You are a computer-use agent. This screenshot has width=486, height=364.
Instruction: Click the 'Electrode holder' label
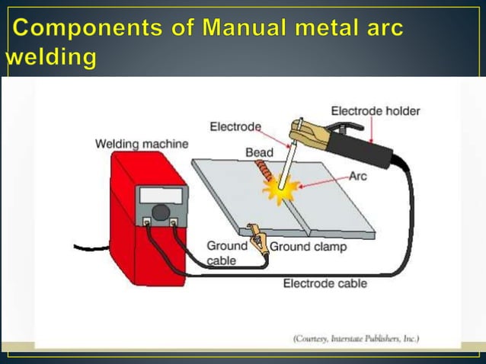click(375, 111)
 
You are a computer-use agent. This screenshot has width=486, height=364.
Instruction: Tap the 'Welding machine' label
click(142, 143)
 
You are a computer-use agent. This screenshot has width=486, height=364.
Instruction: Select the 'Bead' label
click(259, 153)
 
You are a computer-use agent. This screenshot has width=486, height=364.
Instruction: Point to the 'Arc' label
click(358, 176)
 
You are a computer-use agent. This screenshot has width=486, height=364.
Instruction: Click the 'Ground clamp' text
click(308, 247)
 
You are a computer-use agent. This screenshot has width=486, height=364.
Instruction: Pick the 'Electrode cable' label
click(325, 283)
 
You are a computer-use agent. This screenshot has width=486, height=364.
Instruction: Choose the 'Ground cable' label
click(226, 253)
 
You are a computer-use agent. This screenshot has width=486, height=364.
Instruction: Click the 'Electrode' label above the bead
click(235, 126)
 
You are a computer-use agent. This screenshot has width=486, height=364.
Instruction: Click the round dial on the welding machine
click(161, 212)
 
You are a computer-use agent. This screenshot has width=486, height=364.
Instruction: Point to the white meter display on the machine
click(161, 195)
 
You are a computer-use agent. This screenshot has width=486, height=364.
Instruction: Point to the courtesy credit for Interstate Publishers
click(356, 338)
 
